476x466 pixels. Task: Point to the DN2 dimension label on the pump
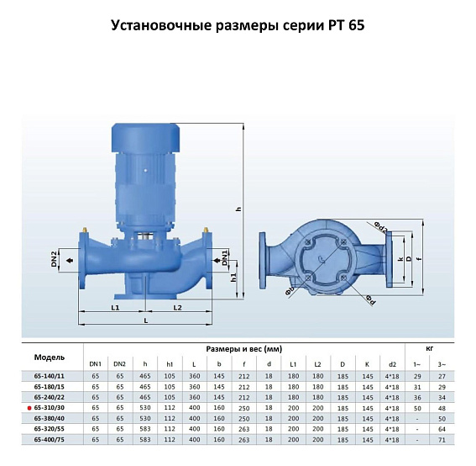[x=54, y=259]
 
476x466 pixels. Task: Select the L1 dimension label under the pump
[x=115, y=309]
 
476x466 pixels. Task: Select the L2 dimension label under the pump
[x=178, y=309]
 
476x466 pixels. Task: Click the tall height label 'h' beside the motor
[x=239, y=209]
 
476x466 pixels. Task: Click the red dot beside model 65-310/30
[x=29, y=406]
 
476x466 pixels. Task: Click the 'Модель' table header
[x=49, y=356]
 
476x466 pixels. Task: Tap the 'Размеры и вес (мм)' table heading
[x=243, y=347]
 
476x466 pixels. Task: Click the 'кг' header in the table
[x=432, y=347]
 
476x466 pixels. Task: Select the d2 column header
[x=392, y=363]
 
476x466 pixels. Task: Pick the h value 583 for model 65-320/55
[x=146, y=428]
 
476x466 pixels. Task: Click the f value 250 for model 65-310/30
[x=243, y=406]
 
